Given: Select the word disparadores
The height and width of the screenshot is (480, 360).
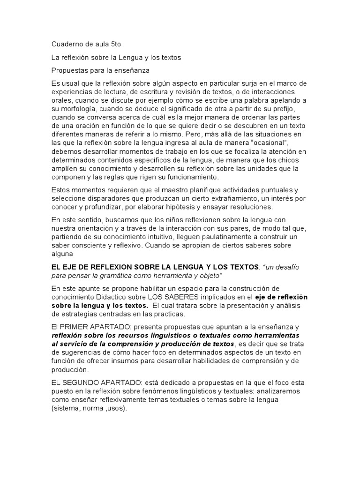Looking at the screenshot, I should [x=105, y=198].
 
